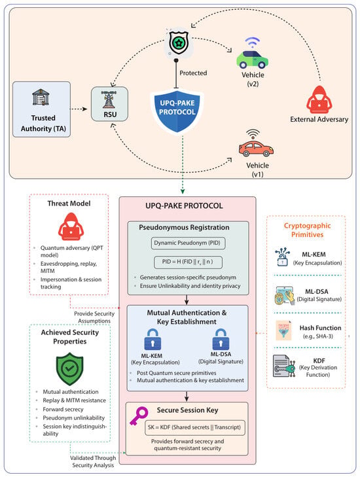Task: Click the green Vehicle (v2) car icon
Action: [252, 59]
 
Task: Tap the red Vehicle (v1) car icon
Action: [256, 148]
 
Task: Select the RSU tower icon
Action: [109, 99]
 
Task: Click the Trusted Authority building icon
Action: [41, 97]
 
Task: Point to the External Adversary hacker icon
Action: [319, 99]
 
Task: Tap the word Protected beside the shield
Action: [193, 73]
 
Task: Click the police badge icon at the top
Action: [179, 43]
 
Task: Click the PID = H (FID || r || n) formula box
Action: [188, 262]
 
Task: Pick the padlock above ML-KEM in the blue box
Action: [153, 340]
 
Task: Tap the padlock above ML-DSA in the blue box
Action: [221, 339]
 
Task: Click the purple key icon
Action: [139, 416]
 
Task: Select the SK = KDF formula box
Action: [195, 428]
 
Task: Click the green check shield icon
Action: [69, 369]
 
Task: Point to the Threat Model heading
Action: [69, 203]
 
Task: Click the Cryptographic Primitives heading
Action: [307, 230]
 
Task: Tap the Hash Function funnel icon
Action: [283, 330]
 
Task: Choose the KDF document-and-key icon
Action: [284, 366]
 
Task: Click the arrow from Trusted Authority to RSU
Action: [79, 109]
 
